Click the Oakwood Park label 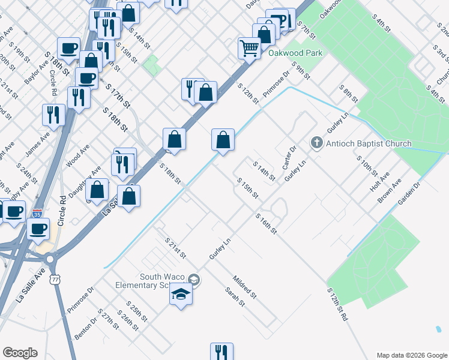(295, 53)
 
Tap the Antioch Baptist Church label (369, 143)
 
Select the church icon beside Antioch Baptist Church (316, 143)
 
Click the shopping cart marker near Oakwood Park (249, 47)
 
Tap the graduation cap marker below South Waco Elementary (180, 295)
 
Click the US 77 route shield (55, 280)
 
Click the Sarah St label (235, 296)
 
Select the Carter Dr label (289, 157)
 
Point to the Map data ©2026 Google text (411, 355)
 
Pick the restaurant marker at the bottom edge (221, 352)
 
